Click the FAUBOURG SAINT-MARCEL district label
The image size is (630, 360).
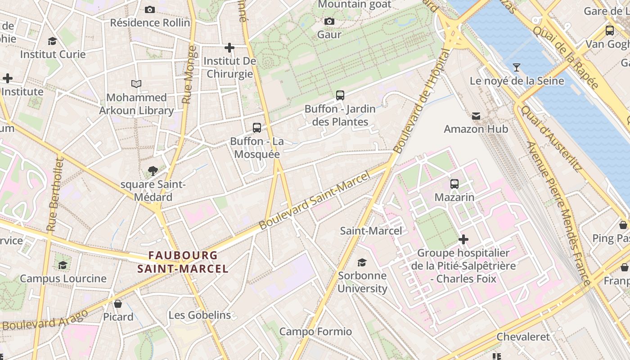click(x=183, y=262)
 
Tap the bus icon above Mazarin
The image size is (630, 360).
click(x=454, y=184)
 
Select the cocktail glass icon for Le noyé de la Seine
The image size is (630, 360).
click(x=517, y=67)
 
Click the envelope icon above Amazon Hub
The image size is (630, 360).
click(x=476, y=116)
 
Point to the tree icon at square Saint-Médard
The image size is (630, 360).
click(x=153, y=171)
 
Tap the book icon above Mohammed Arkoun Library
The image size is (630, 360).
click(x=136, y=84)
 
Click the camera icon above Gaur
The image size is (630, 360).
click(x=329, y=21)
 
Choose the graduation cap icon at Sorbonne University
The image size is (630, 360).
click(x=362, y=262)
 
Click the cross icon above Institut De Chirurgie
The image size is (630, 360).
click(x=229, y=47)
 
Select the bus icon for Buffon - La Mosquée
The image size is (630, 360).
click(x=257, y=128)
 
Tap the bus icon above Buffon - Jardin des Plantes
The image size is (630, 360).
click(x=340, y=95)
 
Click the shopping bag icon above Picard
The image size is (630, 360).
click(x=118, y=304)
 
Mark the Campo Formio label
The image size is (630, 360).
click(x=315, y=332)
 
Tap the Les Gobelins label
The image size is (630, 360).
click(x=200, y=315)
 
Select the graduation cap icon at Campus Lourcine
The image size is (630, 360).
click(x=63, y=265)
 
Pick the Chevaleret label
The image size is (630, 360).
click(x=523, y=337)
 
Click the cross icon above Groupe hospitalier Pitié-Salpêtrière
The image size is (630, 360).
click(x=463, y=239)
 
